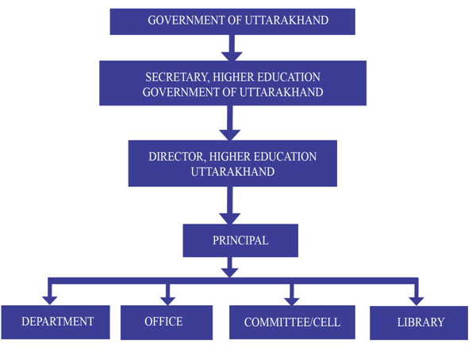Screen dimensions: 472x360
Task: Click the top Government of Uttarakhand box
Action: coord(232,21)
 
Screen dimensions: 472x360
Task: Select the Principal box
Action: coord(240,240)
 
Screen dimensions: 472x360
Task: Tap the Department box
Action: coord(56,322)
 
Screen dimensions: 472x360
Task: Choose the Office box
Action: coord(167,323)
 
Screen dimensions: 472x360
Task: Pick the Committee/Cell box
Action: coord(292,323)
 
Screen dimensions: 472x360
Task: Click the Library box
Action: coord(419,323)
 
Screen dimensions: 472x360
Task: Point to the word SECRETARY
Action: coord(176,77)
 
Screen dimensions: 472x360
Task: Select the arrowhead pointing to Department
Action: coord(50,301)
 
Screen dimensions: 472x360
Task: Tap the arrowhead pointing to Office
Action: coord(167,301)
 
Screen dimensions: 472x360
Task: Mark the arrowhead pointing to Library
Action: coord(416,301)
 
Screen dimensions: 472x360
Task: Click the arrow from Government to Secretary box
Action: coord(232,48)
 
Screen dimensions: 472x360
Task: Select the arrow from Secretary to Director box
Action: coord(230,123)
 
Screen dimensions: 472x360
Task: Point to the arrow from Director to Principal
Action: coord(230,205)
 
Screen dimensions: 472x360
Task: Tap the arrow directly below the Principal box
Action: coord(230,267)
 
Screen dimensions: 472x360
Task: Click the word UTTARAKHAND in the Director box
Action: coord(232,171)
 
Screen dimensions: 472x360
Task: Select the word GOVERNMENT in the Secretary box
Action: coord(181,92)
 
